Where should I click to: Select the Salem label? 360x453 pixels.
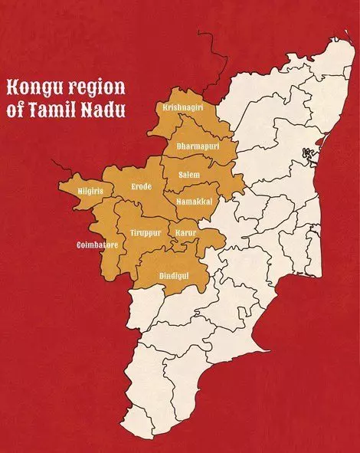tap(189, 175)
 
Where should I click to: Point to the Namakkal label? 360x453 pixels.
tap(194, 202)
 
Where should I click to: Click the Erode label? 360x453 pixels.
tap(142, 186)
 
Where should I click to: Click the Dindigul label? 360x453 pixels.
tap(173, 274)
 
